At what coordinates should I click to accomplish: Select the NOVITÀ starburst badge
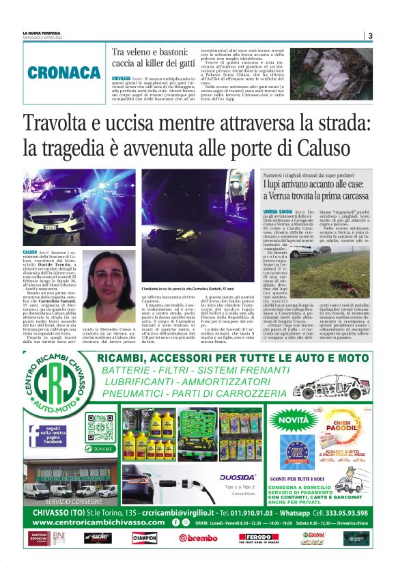pos(294,419)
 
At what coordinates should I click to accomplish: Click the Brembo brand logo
pos(198,537)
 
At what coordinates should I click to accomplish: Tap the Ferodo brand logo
pos(257,537)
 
